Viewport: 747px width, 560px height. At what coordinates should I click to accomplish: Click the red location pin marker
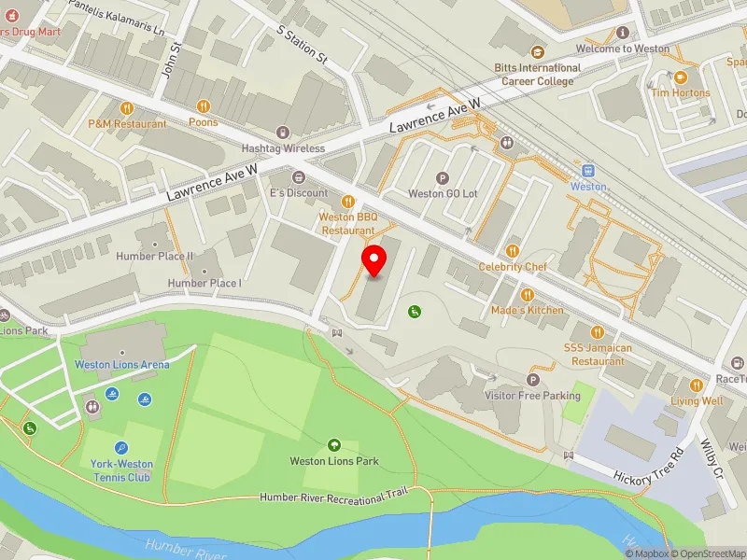click(x=374, y=260)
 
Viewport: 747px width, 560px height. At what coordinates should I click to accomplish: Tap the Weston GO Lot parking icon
click(x=443, y=178)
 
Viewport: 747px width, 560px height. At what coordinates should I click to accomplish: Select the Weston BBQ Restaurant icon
click(x=348, y=201)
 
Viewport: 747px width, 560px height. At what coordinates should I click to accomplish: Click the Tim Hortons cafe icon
click(x=681, y=77)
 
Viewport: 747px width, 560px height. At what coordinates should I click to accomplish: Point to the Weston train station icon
click(x=588, y=171)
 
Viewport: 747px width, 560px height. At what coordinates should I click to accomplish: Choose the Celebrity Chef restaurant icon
click(x=512, y=250)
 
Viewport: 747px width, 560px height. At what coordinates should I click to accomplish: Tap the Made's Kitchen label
click(x=528, y=310)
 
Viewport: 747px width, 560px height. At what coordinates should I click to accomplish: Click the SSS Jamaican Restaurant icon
click(x=599, y=331)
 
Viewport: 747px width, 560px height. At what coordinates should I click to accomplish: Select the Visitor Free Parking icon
click(x=534, y=380)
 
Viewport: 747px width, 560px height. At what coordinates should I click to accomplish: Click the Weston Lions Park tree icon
click(x=334, y=445)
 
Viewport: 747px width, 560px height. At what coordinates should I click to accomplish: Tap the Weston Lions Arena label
click(x=122, y=364)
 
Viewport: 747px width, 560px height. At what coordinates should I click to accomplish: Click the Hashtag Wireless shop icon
click(x=284, y=133)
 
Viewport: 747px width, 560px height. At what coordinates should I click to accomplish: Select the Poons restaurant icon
click(x=203, y=106)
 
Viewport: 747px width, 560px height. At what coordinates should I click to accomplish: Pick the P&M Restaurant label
click(x=128, y=124)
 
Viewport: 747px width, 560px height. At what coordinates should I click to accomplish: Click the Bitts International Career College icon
click(x=537, y=52)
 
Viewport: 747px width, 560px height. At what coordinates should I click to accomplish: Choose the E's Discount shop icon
click(x=299, y=177)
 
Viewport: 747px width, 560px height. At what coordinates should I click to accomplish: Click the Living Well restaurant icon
click(x=696, y=385)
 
